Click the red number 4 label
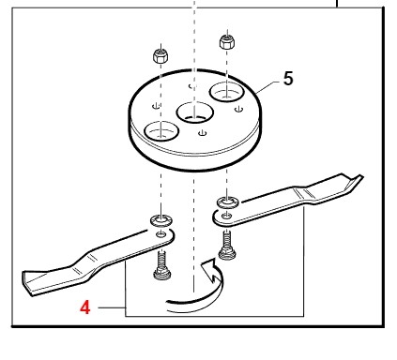85,307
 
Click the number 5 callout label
288,79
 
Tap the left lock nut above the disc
160,56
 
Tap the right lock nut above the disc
227,41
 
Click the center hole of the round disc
194,112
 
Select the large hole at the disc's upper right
226,92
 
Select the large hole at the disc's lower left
160,130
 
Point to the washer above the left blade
161,220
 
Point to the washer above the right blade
228,202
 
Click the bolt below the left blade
161,266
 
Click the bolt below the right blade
227,246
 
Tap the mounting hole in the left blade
161,234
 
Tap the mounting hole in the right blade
226,216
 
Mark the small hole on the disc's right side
239,109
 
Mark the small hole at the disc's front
203,133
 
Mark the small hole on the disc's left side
157,106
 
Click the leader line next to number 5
267,87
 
